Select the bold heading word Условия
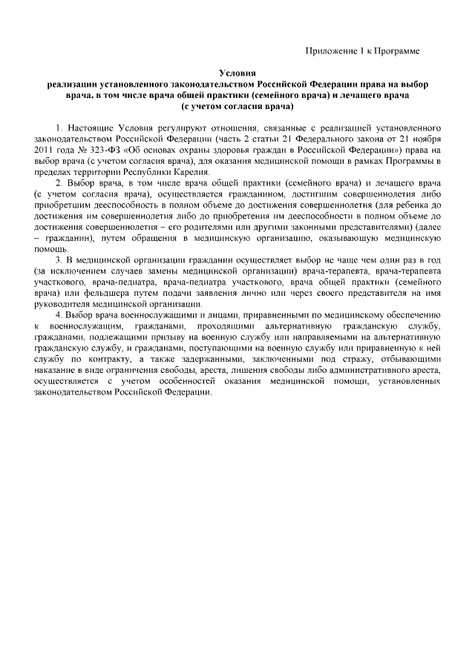237,74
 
